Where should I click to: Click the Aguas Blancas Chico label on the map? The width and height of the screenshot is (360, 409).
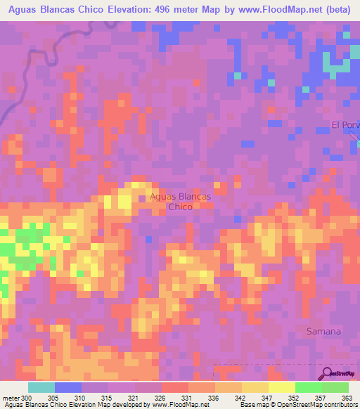click(x=180, y=202)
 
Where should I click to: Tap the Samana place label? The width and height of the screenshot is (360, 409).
click(x=324, y=331)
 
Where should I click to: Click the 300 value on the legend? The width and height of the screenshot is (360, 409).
click(x=26, y=398)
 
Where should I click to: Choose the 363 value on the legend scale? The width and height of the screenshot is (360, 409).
click(x=348, y=398)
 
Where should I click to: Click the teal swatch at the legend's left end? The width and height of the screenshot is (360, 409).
click(x=41, y=387)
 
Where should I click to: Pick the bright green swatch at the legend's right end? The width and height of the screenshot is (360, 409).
click(x=335, y=387)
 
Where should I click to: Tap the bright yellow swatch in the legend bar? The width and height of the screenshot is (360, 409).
click(x=281, y=387)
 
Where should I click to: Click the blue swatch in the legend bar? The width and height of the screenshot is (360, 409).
click(x=67, y=387)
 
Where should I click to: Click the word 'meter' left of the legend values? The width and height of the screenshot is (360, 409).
click(x=10, y=398)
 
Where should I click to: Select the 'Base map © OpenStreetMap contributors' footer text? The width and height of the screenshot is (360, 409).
click(x=298, y=405)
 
